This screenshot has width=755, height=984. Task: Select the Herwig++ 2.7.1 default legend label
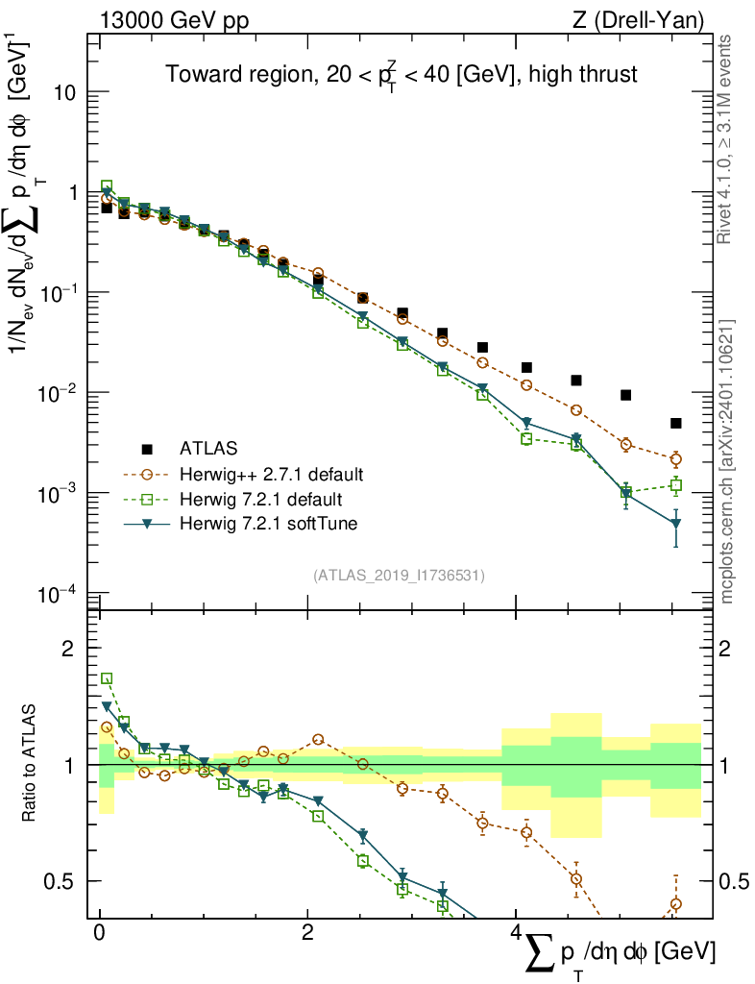pyautogui.click(x=270, y=474)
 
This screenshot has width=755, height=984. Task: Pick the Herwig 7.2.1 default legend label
pyautogui.click(x=261, y=499)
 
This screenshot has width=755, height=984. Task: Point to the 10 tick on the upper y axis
pyautogui.click(x=64, y=93)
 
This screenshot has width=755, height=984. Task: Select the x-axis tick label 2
pyautogui.click(x=307, y=933)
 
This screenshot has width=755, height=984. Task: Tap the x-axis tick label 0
pyautogui.click(x=100, y=933)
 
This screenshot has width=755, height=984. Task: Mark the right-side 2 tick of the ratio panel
pyautogui.click(x=735, y=649)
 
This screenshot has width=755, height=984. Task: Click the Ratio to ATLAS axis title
pyautogui.click(x=32, y=764)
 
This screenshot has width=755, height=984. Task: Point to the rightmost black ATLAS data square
pyautogui.click(x=676, y=423)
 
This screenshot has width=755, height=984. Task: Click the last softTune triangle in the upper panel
pyautogui.click(x=676, y=525)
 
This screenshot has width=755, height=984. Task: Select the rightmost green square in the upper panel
pyautogui.click(x=676, y=486)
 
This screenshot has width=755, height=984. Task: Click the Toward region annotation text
pyautogui.click(x=401, y=74)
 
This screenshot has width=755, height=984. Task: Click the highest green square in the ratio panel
pyautogui.click(x=107, y=678)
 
